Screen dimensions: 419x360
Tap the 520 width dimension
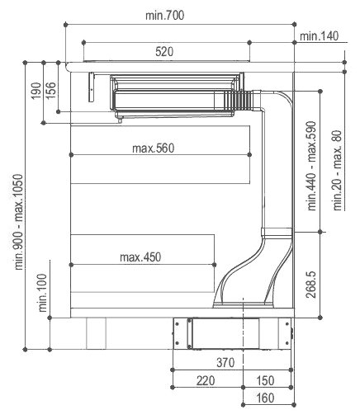[164, 52]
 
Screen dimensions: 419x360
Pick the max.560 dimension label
[154, 148]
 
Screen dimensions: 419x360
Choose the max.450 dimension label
[140, 257]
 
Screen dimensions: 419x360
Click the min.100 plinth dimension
[41, 291]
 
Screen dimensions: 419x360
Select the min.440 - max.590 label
[313, 167]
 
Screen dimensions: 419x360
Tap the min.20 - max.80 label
[338, 171]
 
